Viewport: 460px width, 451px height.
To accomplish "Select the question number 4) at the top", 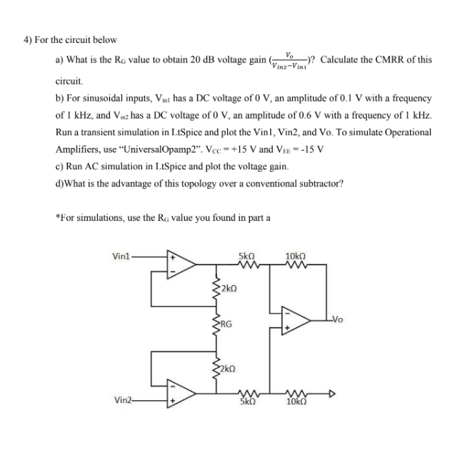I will (30, 39).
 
